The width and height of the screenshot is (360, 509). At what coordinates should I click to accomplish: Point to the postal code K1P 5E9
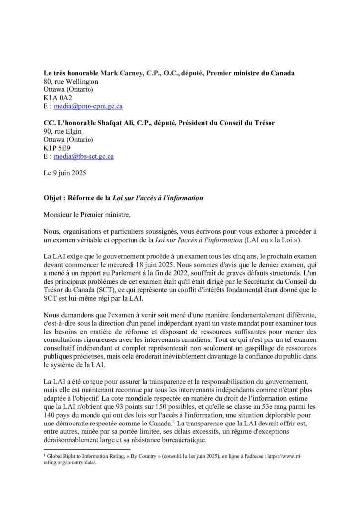57,148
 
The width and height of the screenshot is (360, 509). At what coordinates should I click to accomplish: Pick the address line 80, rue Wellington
71,82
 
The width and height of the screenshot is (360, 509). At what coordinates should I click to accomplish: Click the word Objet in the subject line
53,198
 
